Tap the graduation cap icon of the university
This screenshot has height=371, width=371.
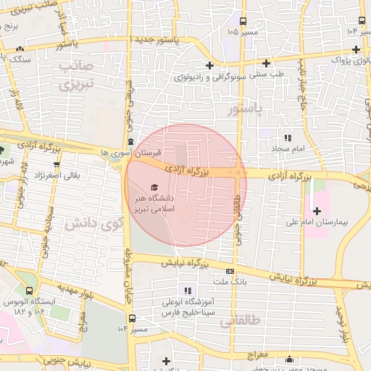(153, 188)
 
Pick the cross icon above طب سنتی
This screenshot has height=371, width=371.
(267, 64)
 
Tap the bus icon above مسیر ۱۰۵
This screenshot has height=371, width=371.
(242, 21)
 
